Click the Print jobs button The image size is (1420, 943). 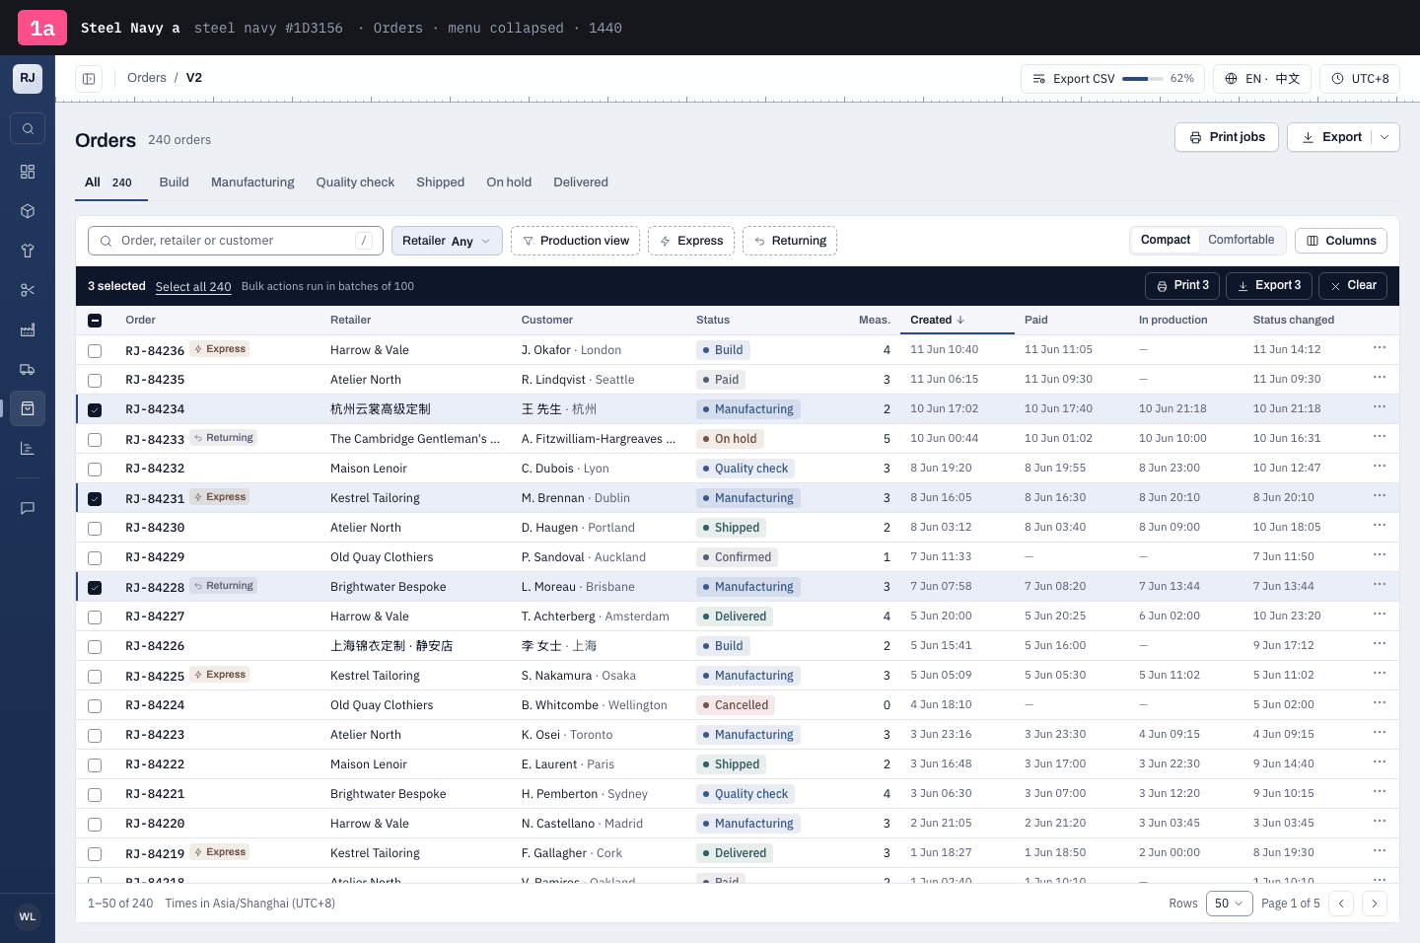pos(1226,137)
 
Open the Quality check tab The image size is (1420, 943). pos(355,182)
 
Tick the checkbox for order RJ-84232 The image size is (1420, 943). pos(95,470)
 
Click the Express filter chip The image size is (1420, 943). pos(691,241)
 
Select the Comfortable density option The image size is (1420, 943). pos(1241,240)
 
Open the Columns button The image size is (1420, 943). pos(1341,241)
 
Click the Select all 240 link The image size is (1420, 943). pos(193,287)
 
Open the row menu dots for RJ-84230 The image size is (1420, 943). pos(1380,526)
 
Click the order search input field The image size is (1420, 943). pos(235,241)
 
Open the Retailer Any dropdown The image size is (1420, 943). pos(447,241)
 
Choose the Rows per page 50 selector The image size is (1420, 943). pos(1229,903)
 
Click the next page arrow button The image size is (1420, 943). pos(1375,903)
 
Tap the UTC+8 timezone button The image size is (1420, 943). pos(1360,79)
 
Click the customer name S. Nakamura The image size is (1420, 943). pos(556,676)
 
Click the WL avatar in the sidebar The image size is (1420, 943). pos(28,917)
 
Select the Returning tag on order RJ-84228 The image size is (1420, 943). pos(224,586)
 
